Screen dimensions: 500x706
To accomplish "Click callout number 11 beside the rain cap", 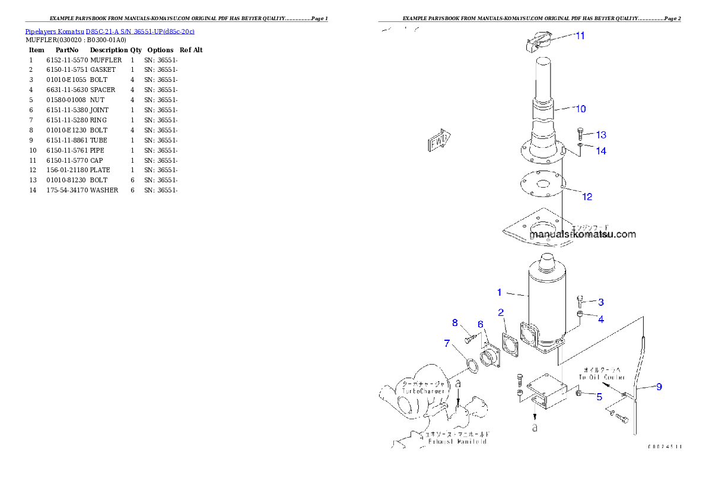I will click(580, 36).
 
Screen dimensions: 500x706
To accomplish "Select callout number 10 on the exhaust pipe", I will click(580, 109).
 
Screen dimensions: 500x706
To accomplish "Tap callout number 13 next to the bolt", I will click(601, 135).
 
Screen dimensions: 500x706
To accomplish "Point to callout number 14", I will click(601, 151).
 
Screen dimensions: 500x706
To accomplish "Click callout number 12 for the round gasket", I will click(587, 197).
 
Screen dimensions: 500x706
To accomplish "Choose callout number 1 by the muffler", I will click(500, 292).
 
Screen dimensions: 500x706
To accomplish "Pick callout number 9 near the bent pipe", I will click(659, 387).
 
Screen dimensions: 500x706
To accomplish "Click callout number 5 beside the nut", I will click(599, 397).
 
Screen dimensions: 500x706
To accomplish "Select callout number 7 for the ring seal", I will click(447, 343).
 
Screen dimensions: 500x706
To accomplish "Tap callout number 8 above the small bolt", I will click(455, 322).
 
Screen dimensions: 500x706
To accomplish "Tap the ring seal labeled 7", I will click(471, 366).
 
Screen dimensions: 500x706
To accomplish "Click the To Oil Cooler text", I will click(602, 376).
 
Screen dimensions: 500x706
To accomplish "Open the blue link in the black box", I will click(110, 31).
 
